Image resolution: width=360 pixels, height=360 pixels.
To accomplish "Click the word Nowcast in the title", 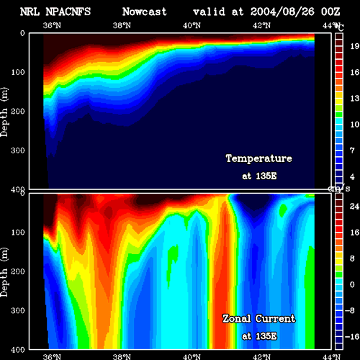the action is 145,12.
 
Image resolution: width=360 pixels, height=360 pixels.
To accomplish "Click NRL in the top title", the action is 30,12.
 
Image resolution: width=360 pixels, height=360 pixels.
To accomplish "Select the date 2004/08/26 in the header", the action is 282,12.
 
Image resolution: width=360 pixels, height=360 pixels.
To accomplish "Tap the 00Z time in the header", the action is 330,12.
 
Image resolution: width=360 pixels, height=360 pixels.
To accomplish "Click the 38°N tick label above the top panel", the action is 122,25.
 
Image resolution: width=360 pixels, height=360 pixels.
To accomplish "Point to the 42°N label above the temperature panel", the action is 261,25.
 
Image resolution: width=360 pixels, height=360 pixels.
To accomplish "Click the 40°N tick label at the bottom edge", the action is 192,356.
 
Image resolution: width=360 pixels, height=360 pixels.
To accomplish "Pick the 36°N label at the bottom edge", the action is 52,356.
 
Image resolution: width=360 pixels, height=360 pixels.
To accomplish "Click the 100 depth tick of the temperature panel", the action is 18,72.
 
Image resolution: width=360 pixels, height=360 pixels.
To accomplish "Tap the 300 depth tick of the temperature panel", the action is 18,150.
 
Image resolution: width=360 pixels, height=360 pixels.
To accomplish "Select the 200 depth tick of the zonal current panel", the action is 18,271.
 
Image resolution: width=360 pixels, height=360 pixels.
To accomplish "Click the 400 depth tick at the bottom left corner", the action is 18,350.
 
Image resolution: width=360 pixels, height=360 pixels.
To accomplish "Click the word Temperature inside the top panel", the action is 258,158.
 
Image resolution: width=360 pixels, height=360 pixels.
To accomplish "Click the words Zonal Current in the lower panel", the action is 258,319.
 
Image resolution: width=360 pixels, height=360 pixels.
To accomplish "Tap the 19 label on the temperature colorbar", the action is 355,46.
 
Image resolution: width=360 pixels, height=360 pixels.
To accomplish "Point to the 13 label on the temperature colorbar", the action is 355,99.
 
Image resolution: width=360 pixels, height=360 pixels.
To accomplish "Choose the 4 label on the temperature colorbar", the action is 352,177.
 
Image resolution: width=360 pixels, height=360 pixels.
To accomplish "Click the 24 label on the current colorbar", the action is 355,207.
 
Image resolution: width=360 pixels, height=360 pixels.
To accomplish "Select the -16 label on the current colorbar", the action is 352,337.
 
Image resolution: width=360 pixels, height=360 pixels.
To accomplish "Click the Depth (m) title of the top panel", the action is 4,112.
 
